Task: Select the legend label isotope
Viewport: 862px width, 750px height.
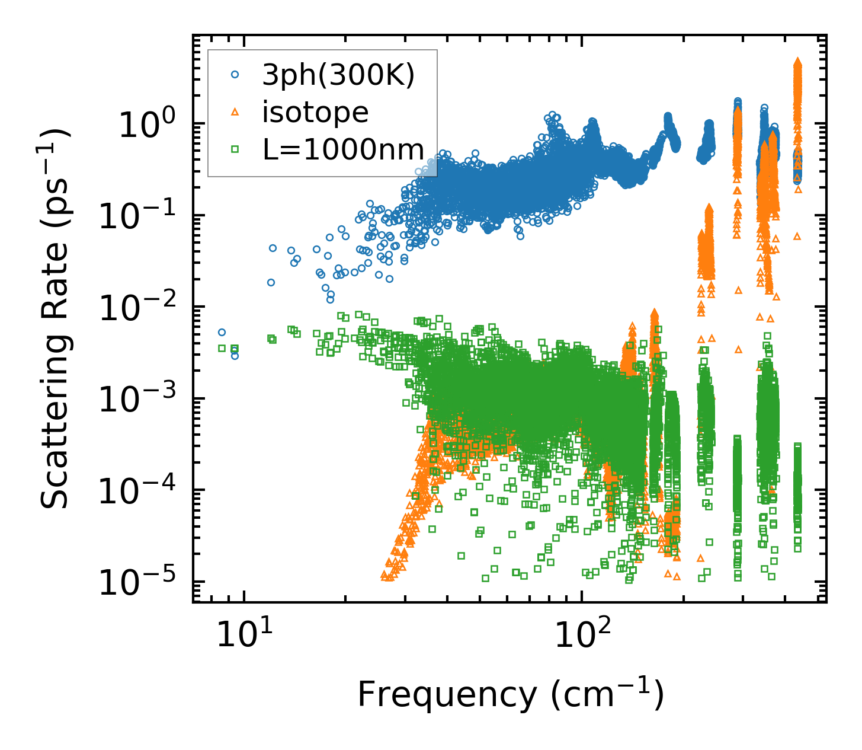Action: tap(315, 112)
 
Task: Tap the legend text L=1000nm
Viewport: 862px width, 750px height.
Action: tap(344, 149)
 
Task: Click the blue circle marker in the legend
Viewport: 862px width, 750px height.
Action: tap(235, 75)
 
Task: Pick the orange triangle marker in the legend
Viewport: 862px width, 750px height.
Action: tap(235, 111)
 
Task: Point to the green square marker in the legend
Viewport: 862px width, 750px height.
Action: tap(235, 149)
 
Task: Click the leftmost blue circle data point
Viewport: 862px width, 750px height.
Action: tap(222, 333)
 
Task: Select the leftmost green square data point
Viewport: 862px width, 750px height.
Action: tap(222, 349)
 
